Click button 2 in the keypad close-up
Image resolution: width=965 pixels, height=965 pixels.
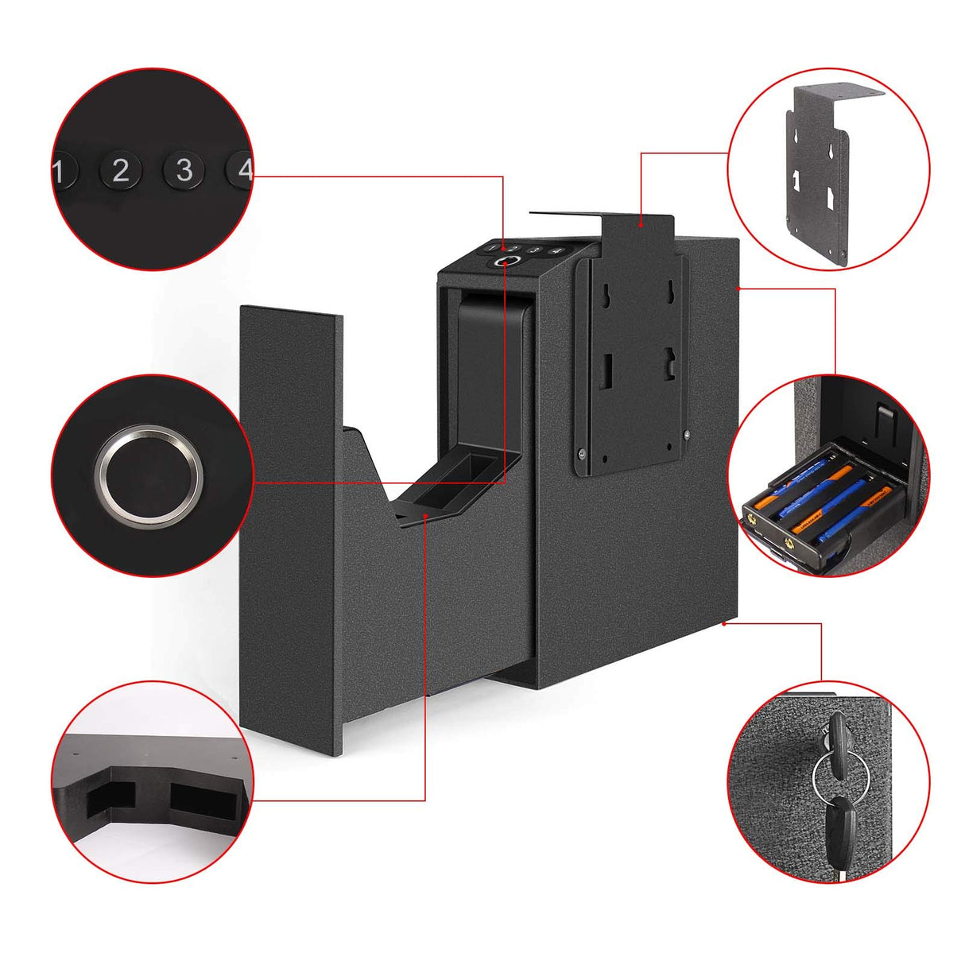[x=120, y=170]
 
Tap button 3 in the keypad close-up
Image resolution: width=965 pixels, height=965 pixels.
[x=184, y=170]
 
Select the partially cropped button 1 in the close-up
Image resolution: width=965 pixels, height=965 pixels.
[x=62, y=171]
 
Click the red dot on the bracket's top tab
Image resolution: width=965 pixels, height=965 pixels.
[x=641, y=226]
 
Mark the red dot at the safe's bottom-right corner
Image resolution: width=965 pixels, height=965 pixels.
[x=724, y=624]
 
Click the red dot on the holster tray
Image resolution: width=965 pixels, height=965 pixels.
[x=427, y=516]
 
